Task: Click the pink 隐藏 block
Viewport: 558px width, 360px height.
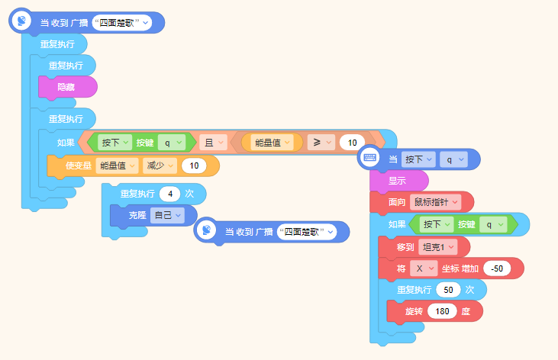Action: click(68, 87)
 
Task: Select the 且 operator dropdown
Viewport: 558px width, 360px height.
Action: click(213, 143)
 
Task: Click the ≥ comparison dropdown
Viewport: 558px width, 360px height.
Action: click(321, 143)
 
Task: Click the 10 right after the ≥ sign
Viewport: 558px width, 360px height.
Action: click(353, 143)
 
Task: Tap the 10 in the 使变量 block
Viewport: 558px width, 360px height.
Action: click(194, 166)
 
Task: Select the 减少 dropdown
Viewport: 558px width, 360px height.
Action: click(160, 166)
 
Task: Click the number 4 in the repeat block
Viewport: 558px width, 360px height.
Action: click(170, 194)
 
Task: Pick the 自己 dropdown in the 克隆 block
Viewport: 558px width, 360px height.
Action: click(167, 215)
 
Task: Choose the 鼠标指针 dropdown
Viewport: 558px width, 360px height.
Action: click(436, 202)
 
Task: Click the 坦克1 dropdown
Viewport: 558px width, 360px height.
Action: click(438, 247)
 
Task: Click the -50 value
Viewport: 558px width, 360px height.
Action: click(497, 268)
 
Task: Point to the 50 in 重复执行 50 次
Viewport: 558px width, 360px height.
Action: click(448, 290)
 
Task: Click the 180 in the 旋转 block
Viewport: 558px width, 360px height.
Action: click(442, 311)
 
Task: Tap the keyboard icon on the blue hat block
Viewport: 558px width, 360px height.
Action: click(369, 158)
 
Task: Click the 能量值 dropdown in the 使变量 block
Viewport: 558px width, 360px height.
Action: click(117, 166)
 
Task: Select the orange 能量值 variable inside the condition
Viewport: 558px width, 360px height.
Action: click(272, 143)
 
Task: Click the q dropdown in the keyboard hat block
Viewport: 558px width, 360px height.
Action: click(453, 159)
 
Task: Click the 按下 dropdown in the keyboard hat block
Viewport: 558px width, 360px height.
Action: click(418, 159)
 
